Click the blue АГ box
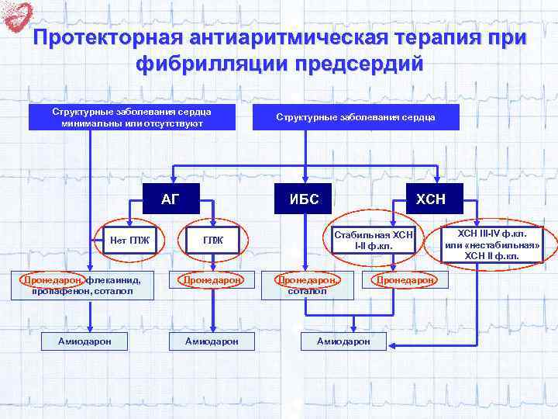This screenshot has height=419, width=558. point(170,199)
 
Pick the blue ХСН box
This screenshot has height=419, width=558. point(430,199)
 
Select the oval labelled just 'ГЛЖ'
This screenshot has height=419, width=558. point(212,240)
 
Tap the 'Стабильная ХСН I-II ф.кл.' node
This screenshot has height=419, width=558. point(374,240)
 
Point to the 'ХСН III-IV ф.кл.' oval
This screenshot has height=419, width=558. point(491,244)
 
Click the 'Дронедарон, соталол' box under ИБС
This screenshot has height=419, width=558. point(308,285)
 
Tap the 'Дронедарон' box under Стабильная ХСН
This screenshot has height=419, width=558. point(405,280)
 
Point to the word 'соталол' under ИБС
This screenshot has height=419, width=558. point(308,291)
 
